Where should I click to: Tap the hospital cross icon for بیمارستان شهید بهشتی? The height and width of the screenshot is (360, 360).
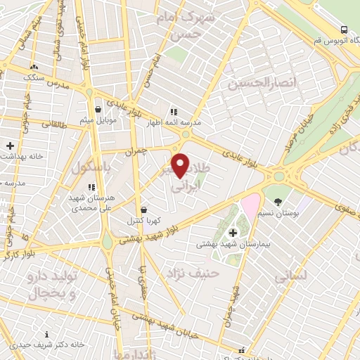(x=233, y=232)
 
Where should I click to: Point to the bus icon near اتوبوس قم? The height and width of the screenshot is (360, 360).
(x=344, y=30)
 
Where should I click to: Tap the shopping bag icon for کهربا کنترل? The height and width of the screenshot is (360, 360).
(x=144, y=209)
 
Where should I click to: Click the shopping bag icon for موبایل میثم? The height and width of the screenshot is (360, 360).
(x=98, y=109)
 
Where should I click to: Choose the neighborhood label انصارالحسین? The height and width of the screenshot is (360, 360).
(x=259, y=84)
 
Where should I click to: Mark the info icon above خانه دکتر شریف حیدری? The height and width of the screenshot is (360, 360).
(x=47, y=334)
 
